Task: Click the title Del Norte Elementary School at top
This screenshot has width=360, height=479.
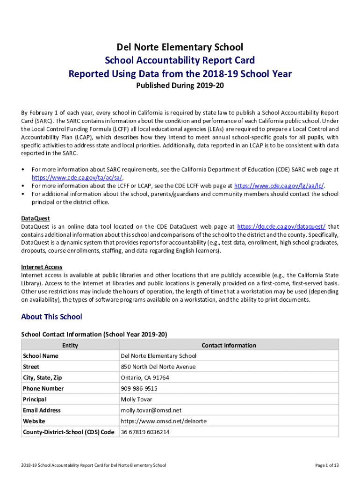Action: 180,47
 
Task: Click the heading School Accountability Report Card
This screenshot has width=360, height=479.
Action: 180,60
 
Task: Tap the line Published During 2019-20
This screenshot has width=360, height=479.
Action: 180,87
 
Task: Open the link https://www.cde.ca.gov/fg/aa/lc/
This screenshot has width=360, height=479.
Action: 279,186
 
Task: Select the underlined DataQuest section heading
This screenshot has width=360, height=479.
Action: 36,218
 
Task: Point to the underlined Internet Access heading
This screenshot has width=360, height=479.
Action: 42,267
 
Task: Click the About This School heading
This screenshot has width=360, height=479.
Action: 51,317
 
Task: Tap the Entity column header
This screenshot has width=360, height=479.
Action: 70,345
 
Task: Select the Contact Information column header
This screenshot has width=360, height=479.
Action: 229,345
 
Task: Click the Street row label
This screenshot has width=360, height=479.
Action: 31,367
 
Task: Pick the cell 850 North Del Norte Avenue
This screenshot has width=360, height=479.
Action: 158,367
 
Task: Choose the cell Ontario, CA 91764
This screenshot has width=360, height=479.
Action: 145,377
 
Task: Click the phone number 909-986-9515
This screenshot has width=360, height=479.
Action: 139,388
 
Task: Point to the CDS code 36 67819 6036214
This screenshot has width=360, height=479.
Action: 145,432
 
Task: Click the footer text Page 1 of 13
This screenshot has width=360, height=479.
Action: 327,465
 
